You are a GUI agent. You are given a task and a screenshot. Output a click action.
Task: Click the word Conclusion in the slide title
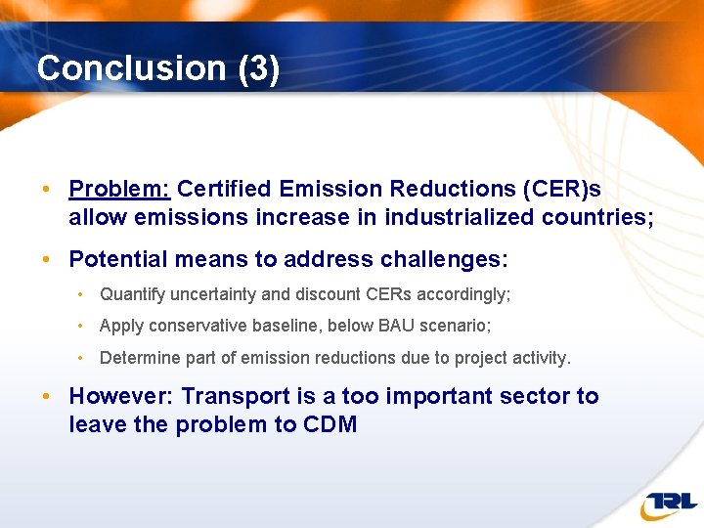tap(131, 68)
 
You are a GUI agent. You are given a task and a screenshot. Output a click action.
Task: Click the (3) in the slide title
tap(258, 68)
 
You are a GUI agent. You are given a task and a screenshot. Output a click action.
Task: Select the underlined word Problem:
tap(119, 188)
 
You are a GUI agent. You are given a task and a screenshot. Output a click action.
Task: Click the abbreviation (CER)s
tap(567, 188)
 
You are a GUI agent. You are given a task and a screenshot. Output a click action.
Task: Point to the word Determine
tap(136, 358)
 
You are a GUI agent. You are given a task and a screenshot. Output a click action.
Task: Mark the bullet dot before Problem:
tap(46, 189)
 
